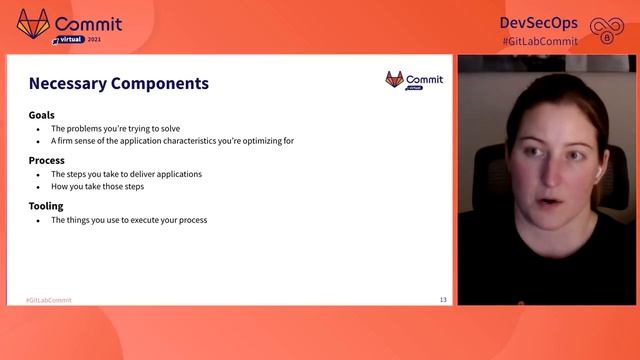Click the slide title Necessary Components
tap(118, 84)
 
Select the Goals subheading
tap(41, 115)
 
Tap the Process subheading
tap(46, 160)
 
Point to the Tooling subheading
tap(46, 206)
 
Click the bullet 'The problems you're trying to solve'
tap(115, 129)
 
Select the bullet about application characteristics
tap(172, 141)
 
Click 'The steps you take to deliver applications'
tap(126, 174)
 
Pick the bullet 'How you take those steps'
tap(98, 186)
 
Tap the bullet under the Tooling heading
tap(129, 220)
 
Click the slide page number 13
tap(443, 300)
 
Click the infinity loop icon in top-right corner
tap(606, 29)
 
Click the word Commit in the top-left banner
tap(90, 23)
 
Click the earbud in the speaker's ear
tap(597, 172)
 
